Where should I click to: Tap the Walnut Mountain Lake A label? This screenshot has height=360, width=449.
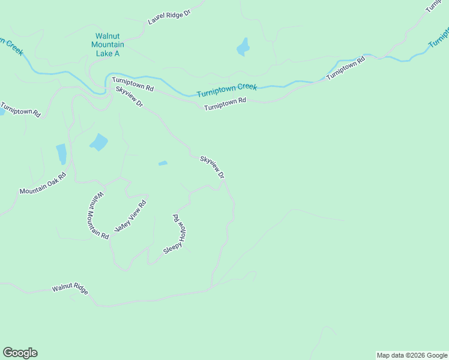click(x=107, y=45)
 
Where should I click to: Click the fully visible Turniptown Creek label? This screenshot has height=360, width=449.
click(x=227, y=91)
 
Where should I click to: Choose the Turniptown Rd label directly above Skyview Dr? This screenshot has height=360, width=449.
click(x=133, y=84)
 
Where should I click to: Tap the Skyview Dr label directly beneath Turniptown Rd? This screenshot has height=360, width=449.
click(x=130, y=97)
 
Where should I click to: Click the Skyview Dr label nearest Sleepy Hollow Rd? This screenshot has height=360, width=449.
click(x=212, y=167)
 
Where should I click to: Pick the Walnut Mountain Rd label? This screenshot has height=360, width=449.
click(x=97, y=215)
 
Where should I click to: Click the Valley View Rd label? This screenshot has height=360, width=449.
click(x=130, y=217)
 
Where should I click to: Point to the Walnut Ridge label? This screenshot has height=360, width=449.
click(x=70, y=289)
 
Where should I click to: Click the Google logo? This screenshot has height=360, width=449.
click(x=20, y=353)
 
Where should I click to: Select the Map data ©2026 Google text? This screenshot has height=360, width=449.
click(x=411, y=355)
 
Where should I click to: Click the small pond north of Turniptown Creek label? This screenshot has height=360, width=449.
click(x=243, y=47)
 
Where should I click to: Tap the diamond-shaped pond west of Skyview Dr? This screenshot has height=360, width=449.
click(x=98, y=142)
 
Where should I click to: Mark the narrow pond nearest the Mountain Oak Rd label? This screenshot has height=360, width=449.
click(x=61, y=154)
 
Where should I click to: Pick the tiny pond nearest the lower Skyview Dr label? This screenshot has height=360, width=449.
click(x=163, y=163)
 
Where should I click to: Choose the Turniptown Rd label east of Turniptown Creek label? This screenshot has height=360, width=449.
click(x=346, y=69)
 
